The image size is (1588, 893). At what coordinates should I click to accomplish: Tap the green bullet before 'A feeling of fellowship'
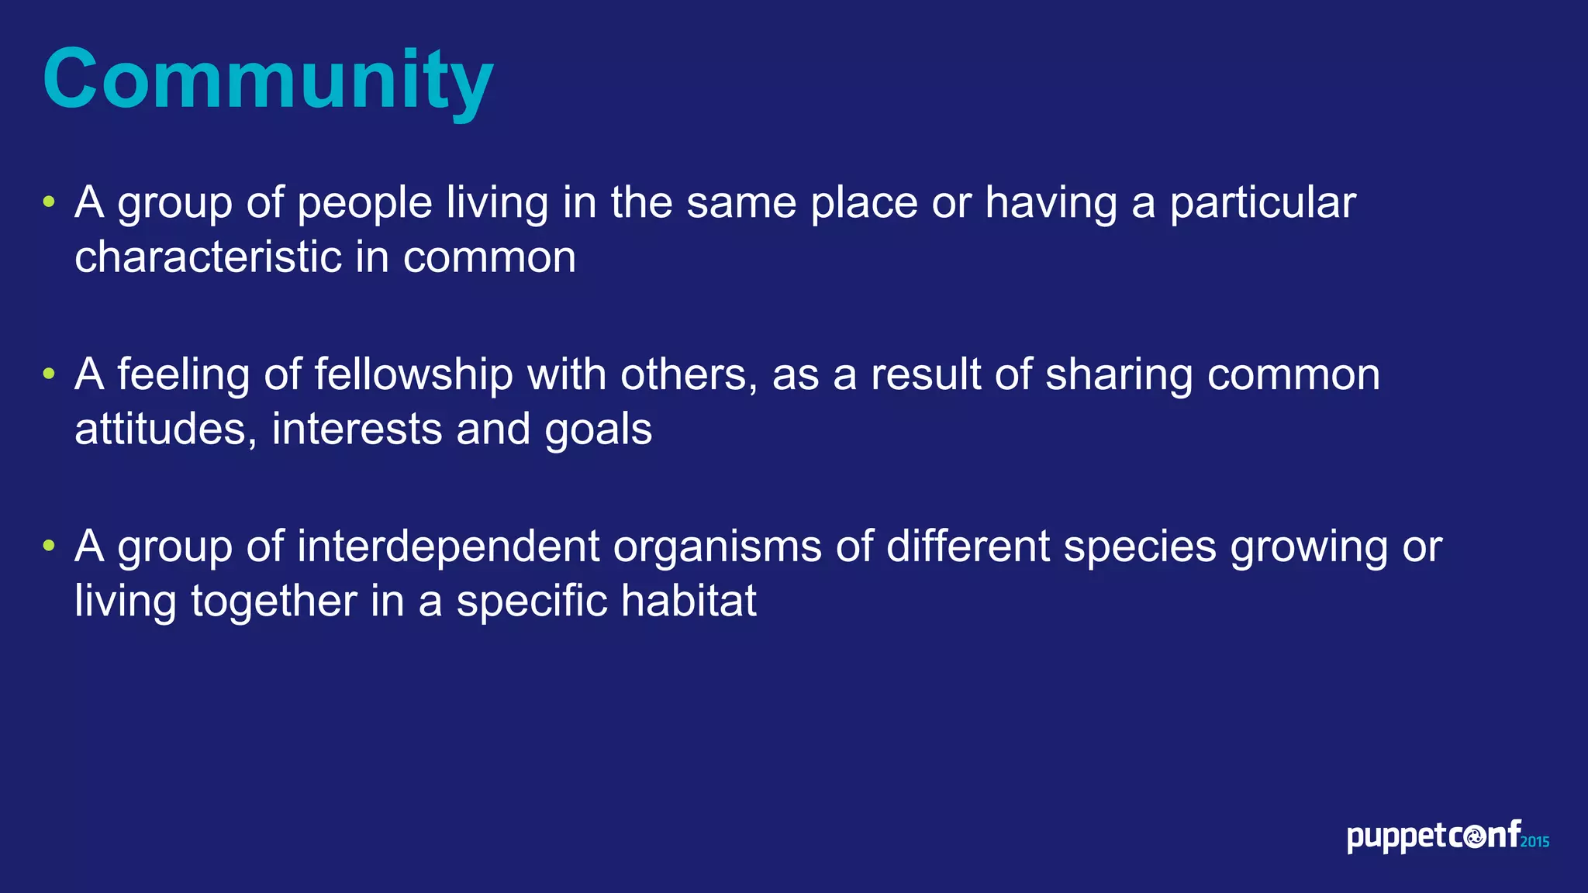point(50,374)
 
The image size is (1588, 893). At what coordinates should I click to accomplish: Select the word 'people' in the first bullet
point(364,204)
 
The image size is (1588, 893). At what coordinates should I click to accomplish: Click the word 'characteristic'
point(208,257)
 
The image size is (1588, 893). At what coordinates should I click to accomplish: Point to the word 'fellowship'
point(413,376)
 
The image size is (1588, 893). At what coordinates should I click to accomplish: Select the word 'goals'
point(598,431)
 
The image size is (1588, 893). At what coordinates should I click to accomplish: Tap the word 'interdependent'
point(448,546)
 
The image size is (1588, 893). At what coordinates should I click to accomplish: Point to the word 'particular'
point(1262,204)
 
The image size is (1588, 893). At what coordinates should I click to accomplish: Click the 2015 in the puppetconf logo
point(1534,842)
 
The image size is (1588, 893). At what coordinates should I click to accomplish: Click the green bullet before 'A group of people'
point(50,202)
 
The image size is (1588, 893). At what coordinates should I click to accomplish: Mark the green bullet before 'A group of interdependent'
point(50,546)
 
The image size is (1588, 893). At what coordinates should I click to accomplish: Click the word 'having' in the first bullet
point(1051,204)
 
